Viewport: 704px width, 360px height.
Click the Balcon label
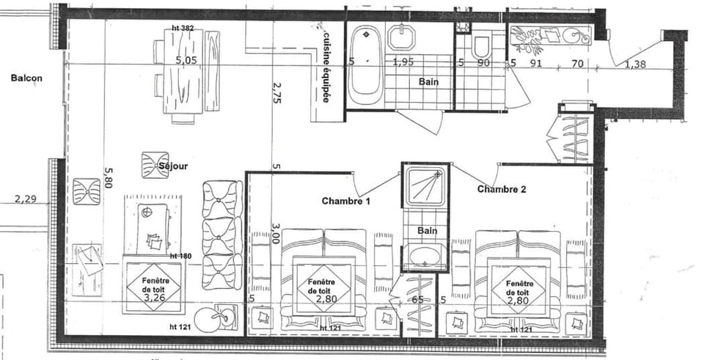[x=26, y=77]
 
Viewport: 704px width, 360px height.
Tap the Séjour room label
[x=173, y=166]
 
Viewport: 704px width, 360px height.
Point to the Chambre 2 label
[x=502, y=189]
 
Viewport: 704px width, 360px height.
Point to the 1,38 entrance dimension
[x=636, y=65]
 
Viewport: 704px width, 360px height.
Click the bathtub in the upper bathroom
[x=364, y=66]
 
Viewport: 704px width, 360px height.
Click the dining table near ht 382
[x=186, y=77]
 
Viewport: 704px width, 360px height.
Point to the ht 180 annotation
[x=180, y=256]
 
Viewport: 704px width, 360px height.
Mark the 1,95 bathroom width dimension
[x=403, y=63]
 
